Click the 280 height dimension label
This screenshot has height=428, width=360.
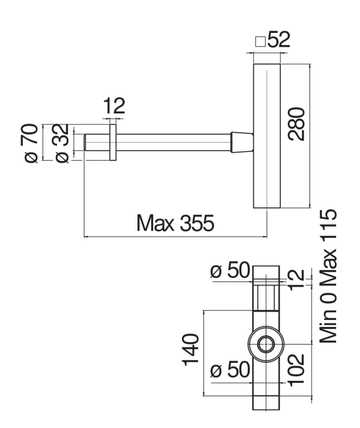[x=297, y=123]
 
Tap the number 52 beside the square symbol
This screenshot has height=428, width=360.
[x=278, y=42]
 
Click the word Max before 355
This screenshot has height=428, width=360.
[x=153, y=224]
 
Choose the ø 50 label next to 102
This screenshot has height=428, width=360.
[x=230, y=371]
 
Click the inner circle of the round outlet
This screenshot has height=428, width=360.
[x=266, y=344]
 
